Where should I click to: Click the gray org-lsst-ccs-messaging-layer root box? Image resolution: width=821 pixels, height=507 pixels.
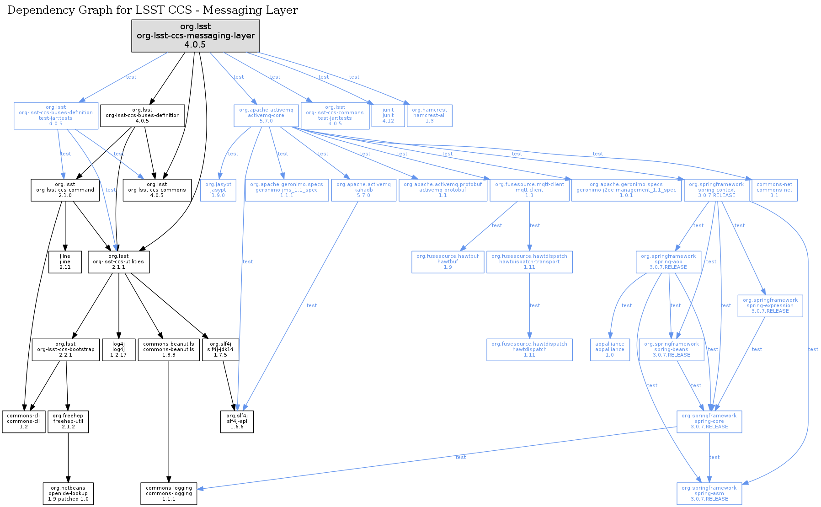195,36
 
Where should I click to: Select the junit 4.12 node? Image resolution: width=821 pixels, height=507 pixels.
388,116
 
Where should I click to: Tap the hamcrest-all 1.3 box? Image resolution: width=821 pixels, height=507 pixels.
429,116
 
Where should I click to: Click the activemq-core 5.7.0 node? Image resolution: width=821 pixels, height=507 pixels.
266,116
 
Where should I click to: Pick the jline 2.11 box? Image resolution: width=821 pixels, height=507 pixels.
65,262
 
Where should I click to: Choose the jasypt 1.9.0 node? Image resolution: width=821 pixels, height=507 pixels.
218,190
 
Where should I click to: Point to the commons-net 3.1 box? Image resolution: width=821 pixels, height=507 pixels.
774,190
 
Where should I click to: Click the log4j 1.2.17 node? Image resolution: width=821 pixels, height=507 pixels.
118,350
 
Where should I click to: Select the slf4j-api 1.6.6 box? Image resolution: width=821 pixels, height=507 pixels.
237,422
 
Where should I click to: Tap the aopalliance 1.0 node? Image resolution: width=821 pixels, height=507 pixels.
609,350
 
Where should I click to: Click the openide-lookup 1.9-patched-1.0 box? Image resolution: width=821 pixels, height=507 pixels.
68,494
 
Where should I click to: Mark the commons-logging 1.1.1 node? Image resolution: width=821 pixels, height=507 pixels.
169,494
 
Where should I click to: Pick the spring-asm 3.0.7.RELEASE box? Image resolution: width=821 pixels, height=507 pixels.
709,494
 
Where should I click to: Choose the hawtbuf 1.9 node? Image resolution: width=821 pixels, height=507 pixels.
448,262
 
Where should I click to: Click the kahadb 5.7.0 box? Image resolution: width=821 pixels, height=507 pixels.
363,190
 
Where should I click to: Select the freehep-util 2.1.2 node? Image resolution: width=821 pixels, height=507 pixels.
68,422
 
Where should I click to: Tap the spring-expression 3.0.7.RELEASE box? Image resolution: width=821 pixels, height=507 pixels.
770,306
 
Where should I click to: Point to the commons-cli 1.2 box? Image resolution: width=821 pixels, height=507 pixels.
23,422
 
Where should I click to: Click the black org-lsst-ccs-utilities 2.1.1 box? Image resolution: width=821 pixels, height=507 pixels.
118,262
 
